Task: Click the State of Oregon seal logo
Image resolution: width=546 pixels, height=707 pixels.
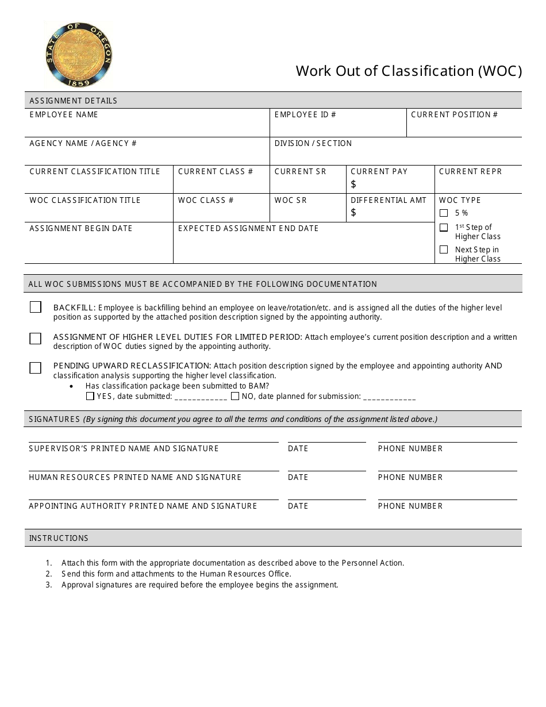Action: tap(78, 55)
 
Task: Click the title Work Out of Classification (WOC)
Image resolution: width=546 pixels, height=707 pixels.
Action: tap(409, 71)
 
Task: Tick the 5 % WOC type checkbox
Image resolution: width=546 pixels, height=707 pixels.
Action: tap(444, 213)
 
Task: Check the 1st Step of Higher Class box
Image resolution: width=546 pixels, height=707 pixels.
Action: tap(444, 228)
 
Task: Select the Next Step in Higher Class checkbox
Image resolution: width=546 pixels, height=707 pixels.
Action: tap(444, 249)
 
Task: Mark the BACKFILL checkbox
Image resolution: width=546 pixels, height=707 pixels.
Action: tap(36, 308)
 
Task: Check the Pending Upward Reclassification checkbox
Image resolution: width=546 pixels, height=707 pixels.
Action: tap(36, 368)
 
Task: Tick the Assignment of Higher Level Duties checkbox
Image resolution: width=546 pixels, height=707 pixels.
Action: tap(36, 338)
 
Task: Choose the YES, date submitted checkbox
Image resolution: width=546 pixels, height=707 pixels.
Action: tap(90, 396)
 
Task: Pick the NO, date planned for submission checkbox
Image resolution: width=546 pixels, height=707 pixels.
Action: tap(235, 396)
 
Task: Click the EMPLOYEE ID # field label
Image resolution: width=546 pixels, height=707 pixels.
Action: tap(305, 115)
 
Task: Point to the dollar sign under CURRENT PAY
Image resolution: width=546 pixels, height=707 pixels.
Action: tap(353, 184)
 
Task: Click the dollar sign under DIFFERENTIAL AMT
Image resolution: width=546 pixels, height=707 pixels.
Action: tap(353, 213)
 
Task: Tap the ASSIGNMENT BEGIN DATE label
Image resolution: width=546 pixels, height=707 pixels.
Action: tap(81, 229)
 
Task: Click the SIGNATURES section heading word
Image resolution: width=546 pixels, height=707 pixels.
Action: tap(55, 419)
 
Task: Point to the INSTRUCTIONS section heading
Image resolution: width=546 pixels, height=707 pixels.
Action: tap(59, 539)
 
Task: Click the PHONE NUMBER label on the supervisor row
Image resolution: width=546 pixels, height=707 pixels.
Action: tap(410, 449)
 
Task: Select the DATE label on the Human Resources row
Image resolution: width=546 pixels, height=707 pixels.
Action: tap(298, 478)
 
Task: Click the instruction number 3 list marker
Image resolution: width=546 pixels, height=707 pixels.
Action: tap(49, 585)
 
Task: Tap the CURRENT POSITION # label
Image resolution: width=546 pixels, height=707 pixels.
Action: tap(454, 115)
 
